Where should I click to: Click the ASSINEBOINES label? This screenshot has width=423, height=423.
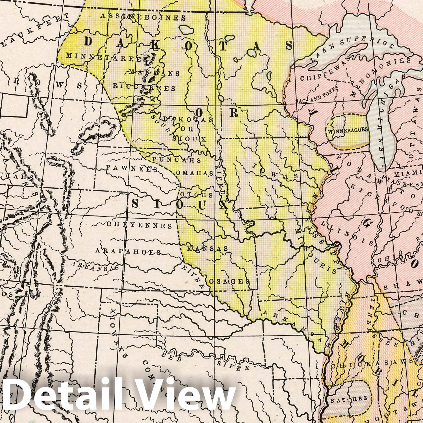(x=143, y=17)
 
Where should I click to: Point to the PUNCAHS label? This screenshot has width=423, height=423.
(x=177, y=160)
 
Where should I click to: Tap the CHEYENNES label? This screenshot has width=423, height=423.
(x=140, y=225)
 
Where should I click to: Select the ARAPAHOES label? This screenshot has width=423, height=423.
(x=128, y=251)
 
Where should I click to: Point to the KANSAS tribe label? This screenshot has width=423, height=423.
(x=208, y=249)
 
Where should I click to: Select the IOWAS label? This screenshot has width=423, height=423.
(x=275, y=171)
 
